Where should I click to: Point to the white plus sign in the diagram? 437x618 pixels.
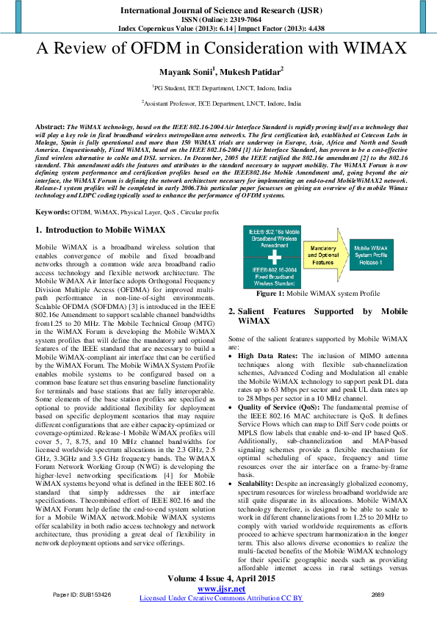(x=272, y=258)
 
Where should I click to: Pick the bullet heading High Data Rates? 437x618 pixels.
(x=267, y=355)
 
